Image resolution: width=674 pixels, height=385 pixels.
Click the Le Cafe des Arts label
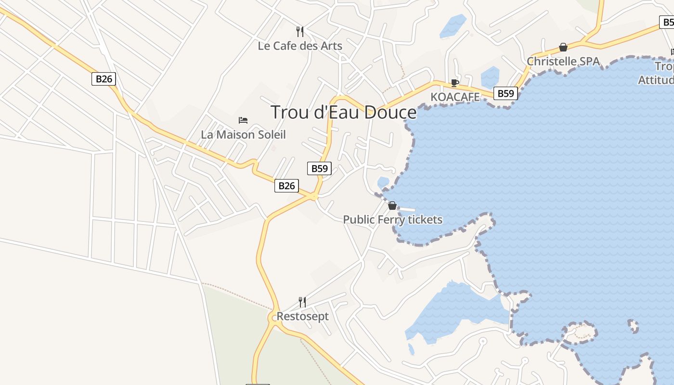pos(300,46)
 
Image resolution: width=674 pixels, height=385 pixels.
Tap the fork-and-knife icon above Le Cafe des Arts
pos(300,32)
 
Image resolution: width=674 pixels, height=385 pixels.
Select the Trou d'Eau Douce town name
pos(343,112)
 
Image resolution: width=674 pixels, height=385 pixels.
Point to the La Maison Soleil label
pos(243,135)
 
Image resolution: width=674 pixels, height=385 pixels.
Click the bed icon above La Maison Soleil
pos(243,120)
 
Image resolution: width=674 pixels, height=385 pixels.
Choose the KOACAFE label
pos(455,97)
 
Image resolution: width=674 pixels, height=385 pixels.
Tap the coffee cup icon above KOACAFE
pos(454,83)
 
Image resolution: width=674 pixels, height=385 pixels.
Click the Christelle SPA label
pos(563,62)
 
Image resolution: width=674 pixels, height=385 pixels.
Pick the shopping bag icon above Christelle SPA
pos(563,47)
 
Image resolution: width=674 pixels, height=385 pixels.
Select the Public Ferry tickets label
pos(392,220)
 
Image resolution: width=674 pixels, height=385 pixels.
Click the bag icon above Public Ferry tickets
pos(392,206)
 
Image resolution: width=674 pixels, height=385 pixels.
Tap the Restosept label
pos(302,317)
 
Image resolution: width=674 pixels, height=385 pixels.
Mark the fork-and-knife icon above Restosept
pos(302,302)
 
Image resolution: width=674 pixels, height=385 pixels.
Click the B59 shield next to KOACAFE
pos(505,93)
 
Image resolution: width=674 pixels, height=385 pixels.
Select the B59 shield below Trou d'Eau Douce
pos(319,168)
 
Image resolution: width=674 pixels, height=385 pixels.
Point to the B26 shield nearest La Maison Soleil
pos(286,186)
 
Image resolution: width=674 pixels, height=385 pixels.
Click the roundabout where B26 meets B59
pos(314,196)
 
